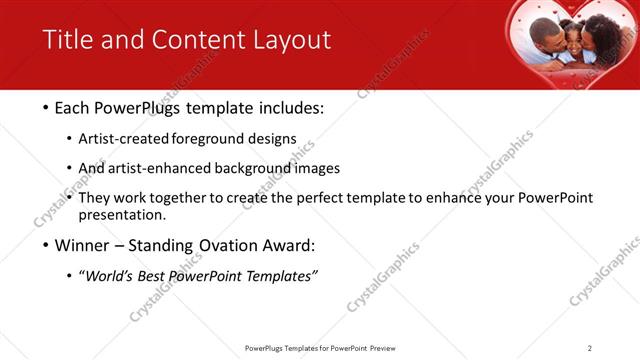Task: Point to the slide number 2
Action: click(590, 348)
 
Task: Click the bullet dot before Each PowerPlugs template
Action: click(48, 108)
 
